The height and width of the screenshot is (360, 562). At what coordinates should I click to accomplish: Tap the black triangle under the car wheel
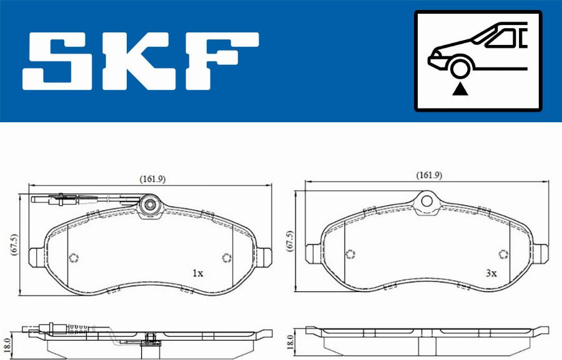pos(461,89)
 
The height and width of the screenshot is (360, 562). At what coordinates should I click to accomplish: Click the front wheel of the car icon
pos(461,66)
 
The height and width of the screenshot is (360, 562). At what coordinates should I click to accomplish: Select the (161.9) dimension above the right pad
pos(429,175)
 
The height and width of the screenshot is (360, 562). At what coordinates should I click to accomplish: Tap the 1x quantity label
pos(197,273)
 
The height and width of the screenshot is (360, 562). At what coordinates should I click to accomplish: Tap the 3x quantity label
pos(491,273)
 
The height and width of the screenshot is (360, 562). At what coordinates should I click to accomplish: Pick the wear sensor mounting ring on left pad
pos(150,204)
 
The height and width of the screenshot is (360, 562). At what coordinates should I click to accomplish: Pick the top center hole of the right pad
pos(426,201)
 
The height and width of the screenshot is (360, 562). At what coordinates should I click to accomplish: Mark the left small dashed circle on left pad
pos(74,258)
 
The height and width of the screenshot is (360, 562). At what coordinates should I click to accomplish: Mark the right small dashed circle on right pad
pos(503,253)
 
